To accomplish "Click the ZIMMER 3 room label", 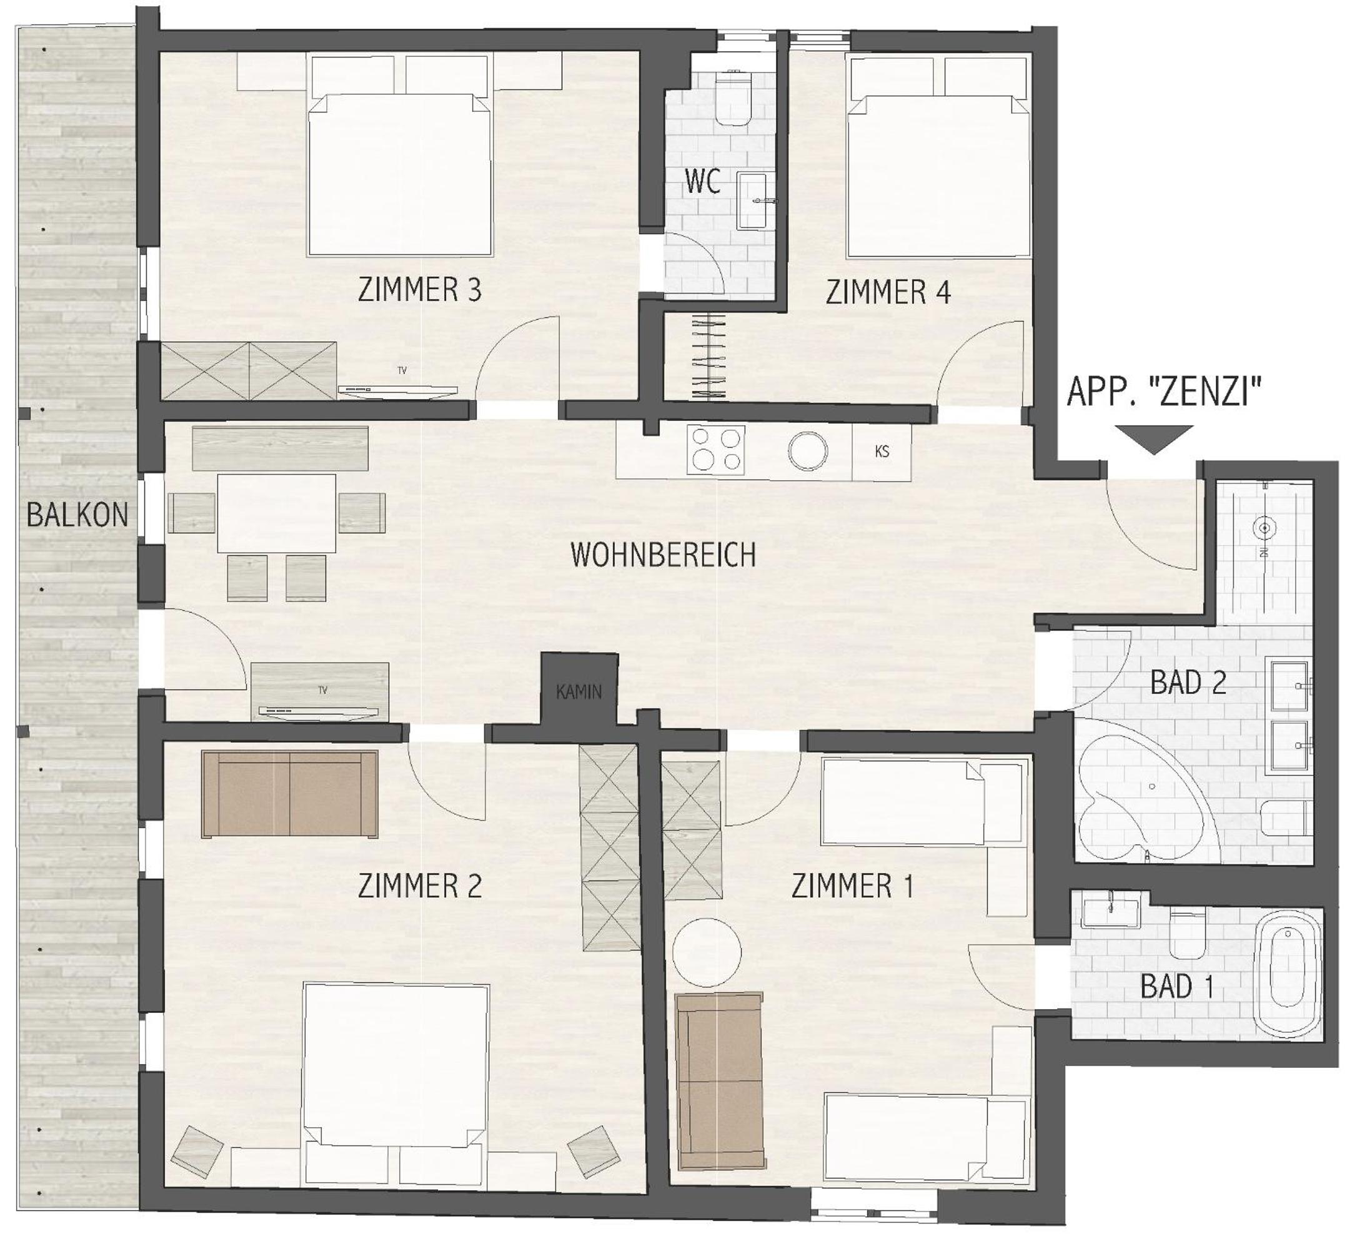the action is click(x=420, y=290).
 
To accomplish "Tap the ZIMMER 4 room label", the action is click(x=888, y=292).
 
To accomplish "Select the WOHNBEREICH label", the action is click(x=664, y=555).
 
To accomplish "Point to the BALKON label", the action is click(x=77, y=515).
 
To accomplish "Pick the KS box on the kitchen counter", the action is click(x=882, y=452).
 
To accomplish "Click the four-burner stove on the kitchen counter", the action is click(x=715, y=450).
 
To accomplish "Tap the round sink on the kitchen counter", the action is click(x=807, y=450).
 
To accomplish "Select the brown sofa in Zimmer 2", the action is click(x=290, y=794).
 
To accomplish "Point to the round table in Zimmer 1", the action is click(x=707, y=952).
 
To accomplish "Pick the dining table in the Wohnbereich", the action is click(x=276, y=513).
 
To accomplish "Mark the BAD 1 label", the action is click(x=1176, y=987).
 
